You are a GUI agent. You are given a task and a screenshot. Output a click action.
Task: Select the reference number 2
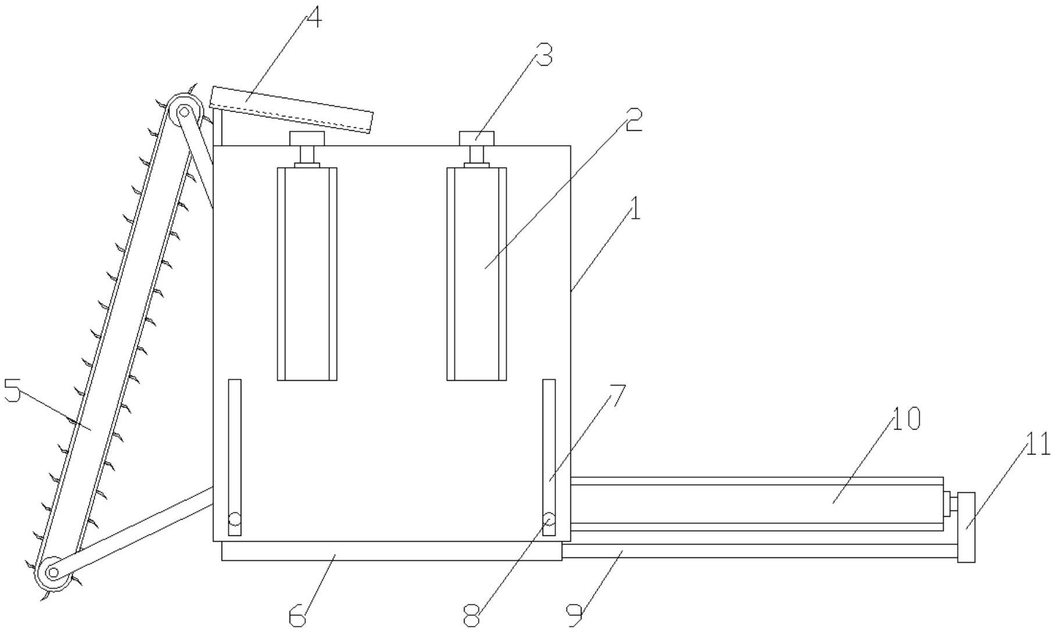[x=633, y=121]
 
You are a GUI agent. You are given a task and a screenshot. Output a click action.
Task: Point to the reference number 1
[x=635, y=209]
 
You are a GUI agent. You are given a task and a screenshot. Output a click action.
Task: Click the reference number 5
[x=12, y=391]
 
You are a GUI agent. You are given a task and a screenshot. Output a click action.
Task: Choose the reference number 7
[x=616, y=397]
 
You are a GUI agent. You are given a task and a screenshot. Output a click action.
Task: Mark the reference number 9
[x=575, y=615]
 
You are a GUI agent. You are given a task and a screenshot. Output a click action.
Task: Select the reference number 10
[x=906, y=419]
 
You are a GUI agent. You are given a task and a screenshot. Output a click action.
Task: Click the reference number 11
[x=1037, y=445]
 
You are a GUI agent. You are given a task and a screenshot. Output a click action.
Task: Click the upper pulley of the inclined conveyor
[x=184, y=110]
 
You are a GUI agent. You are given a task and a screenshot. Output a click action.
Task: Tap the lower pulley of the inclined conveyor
[x=53, y=573]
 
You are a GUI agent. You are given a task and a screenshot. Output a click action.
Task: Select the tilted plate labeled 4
[x=291, y=110]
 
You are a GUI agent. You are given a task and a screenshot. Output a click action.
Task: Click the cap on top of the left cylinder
[x=307, y=138]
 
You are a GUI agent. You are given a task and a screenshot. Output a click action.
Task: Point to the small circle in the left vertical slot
[x=234, y=518]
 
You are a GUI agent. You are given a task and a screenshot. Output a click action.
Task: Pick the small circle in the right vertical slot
[x=549, y=518]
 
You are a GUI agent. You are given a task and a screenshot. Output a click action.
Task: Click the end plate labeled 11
[x=966, y=527]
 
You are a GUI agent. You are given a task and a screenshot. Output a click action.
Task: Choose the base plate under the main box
[x=391, y=551]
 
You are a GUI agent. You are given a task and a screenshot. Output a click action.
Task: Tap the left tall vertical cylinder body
[x=307, y=274]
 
